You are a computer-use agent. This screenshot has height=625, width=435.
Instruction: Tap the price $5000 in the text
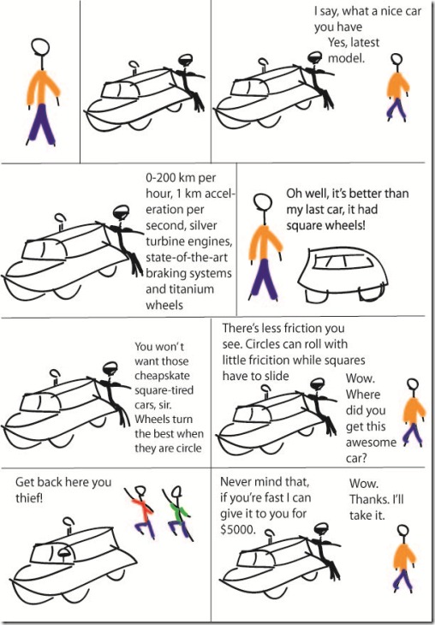pos(238,531)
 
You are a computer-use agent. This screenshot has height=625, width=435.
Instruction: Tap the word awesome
pos(371,443)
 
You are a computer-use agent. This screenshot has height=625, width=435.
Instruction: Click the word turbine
pos(164,241)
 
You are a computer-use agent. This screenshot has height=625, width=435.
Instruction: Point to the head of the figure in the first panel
pos(40,46)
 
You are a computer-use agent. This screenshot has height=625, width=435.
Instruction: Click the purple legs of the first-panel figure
pos(41,124)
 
